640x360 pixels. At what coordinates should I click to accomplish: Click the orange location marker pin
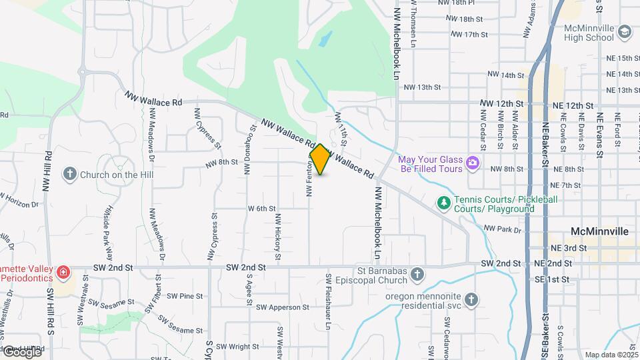(x=320, y=159)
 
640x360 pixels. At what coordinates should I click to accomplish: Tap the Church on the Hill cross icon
(x=69, y=175)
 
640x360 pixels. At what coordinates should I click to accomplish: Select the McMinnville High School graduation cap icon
(x=624, y=32)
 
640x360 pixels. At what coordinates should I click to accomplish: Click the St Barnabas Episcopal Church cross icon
(x=417, y=274)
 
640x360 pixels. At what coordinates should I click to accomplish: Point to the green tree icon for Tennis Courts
(x=443, y=201)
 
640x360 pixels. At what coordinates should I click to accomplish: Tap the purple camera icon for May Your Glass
(x=473, y=163)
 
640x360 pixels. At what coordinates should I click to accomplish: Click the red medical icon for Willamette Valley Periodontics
(x=63, y=272)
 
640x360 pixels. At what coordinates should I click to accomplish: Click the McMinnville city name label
(x=600, y=231)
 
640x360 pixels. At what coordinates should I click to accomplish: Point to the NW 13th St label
(x=423, y=87)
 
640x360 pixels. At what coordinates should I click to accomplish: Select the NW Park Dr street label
(x=502, y=229)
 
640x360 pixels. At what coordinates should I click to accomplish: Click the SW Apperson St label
(x=279, y=307)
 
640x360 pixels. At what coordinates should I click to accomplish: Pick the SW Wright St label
(x=237, y=347)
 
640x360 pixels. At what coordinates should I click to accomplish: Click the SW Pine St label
(x=185, y=295)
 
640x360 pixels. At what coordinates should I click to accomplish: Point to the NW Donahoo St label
(x=250, y=149)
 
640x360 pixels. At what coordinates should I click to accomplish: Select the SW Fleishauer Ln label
(x=328, y=301)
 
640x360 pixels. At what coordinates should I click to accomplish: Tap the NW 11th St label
(x=341, y=130)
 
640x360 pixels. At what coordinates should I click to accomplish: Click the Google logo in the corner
(x=21, y=351)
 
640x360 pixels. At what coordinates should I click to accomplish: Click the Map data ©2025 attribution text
(x=610, y=355)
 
